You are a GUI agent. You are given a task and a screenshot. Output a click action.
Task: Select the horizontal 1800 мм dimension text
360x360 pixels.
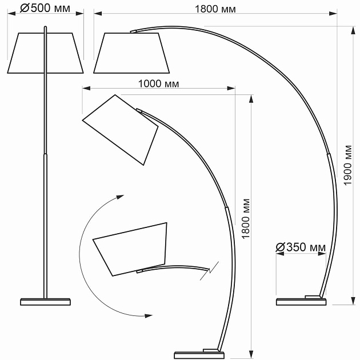pos(215,9)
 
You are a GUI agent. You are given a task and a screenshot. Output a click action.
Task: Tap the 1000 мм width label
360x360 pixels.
pos(158,83)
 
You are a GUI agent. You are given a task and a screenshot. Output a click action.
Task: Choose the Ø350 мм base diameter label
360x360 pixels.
pos(301,247)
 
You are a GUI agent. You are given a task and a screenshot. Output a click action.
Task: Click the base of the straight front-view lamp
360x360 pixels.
pos(46,301)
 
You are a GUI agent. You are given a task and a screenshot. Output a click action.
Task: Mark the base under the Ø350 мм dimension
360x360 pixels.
pos(301,301)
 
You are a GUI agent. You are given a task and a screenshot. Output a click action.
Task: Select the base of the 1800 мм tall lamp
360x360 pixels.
pos(199,354)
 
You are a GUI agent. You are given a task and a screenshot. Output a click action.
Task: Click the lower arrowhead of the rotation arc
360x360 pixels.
pos(149,315)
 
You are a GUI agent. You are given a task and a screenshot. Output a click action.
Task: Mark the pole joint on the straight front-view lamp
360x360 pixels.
pos(46,154)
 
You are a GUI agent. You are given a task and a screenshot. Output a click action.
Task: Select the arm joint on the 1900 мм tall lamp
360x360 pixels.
pos(329,154)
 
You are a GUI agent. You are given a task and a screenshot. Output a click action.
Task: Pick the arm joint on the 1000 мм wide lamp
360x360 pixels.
pos(227,209)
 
